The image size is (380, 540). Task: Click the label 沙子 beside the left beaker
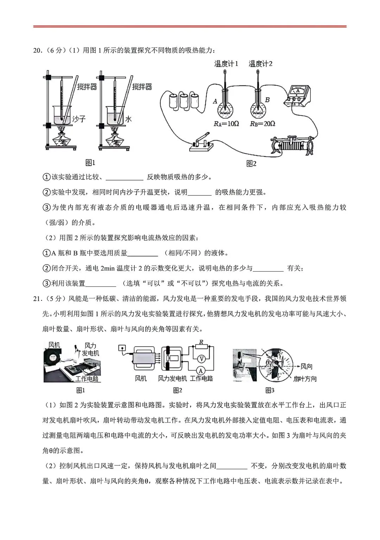point(79,119)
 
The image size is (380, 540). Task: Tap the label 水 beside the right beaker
point(128,119)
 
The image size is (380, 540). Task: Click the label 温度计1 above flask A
point(226,64)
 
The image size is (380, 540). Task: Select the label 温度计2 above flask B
point(260,64)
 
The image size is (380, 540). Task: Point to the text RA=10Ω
point(226,123)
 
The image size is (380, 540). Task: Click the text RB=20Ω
point(262,123)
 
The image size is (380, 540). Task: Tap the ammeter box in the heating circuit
point(298,95)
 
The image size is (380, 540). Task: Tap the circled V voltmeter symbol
point(201,359)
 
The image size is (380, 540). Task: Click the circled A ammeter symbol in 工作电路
point(201,370)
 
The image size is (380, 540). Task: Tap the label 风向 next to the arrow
point(306,367)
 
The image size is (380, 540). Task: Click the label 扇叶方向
point(305,379)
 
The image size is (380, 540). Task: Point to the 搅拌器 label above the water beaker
point(142,87)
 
